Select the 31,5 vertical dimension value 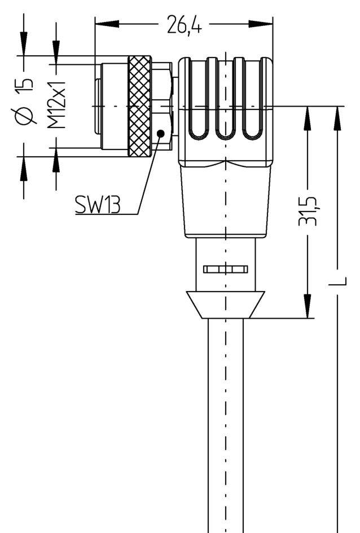tap(308, 210)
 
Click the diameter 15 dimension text tap(24, 102)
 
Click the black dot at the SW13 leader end tap(161, 133)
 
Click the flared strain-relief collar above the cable tap(225, 305)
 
